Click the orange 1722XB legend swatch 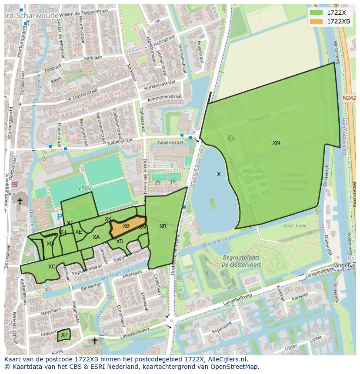(x=317, y=21)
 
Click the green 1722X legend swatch (x=317, y=13)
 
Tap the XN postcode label (x=276, y=143)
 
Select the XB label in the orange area (x=126, y=226)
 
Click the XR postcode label (x=163, y=226)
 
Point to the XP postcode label (x=64, y=335)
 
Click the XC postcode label (x=52, y=267)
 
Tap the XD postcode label (x=120, y=242)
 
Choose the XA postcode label (x=96, y=237)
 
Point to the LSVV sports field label (x=85, y=189)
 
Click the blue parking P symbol (x=59, y=216)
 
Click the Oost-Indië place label (x=295, y=225)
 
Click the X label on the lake (x=219, y=174)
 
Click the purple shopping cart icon (x=15, y=184)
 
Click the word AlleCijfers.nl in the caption (x=227, y=359)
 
